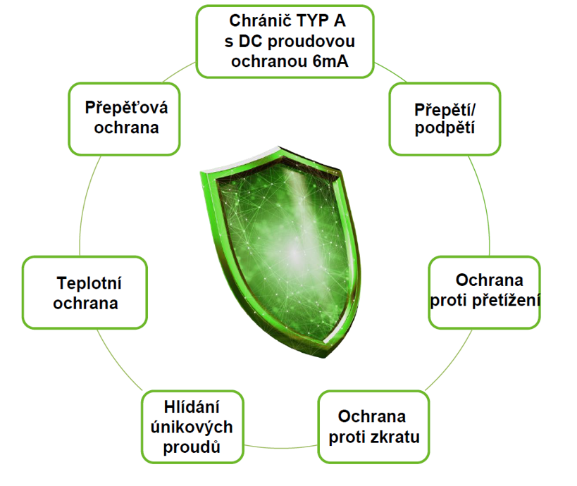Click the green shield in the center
(x=282, y=251)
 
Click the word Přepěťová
(x=126, y=108)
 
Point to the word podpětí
(x=445, y=128)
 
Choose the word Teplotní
(x=89, y=283)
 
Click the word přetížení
(x=507, y=300)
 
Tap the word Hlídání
(x=192, y=407)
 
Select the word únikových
(x=192, y=427)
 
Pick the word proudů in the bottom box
(x=192, y=447)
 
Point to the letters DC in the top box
(x=251, y=42)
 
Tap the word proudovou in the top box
(x=311, y=42)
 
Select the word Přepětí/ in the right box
(x=445, y=110)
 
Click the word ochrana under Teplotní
(x=85, y=304)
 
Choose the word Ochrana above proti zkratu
(x=372, y=416)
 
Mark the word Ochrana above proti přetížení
(x=489, y=280)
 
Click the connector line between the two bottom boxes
(x=281, y=447)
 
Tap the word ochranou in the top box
(x=269, y=61)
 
